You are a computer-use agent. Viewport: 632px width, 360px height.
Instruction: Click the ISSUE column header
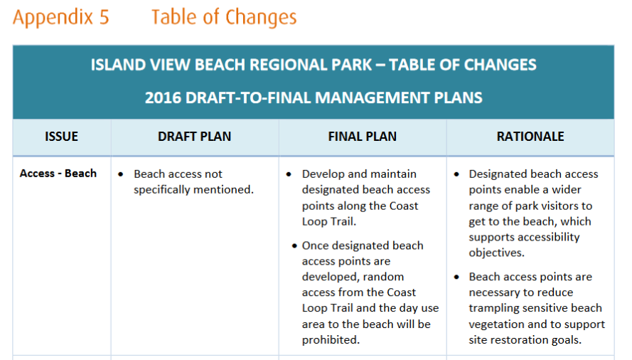pos(61,137)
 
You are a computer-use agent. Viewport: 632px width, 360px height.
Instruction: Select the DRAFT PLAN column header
pos(194,137)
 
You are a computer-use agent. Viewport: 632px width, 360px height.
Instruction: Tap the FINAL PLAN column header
pos(362,137)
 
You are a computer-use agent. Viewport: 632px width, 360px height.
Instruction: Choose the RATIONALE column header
pos(530,137)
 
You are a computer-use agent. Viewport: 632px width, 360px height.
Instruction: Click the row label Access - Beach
pos(58,174)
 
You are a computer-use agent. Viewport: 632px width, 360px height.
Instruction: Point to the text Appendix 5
pos(61,17)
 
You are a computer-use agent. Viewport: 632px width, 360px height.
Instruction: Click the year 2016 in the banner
pos(164,97)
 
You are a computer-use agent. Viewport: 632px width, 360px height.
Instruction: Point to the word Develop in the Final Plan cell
pos(323,174)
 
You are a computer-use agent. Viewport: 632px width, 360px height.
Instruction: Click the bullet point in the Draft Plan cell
pos(121,174)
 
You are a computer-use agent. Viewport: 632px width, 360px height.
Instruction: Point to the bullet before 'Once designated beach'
pos(294,245)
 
